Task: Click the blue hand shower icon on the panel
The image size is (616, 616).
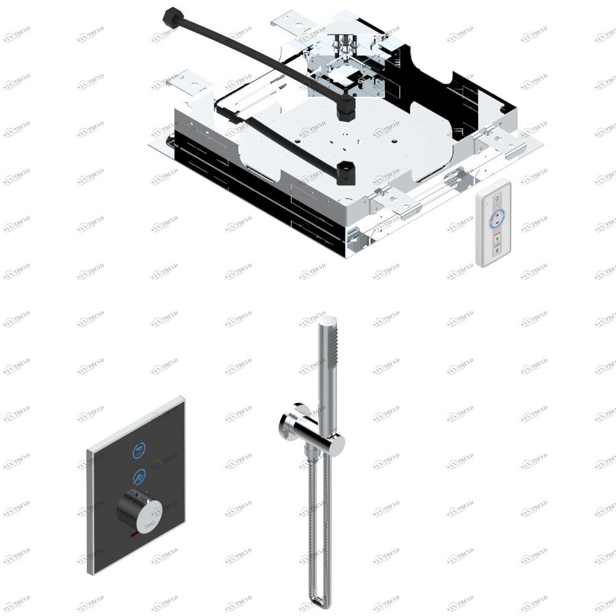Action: click(140, 476)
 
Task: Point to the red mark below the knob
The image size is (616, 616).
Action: click(134, 537)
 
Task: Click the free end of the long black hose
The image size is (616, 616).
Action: click(171, 15)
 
